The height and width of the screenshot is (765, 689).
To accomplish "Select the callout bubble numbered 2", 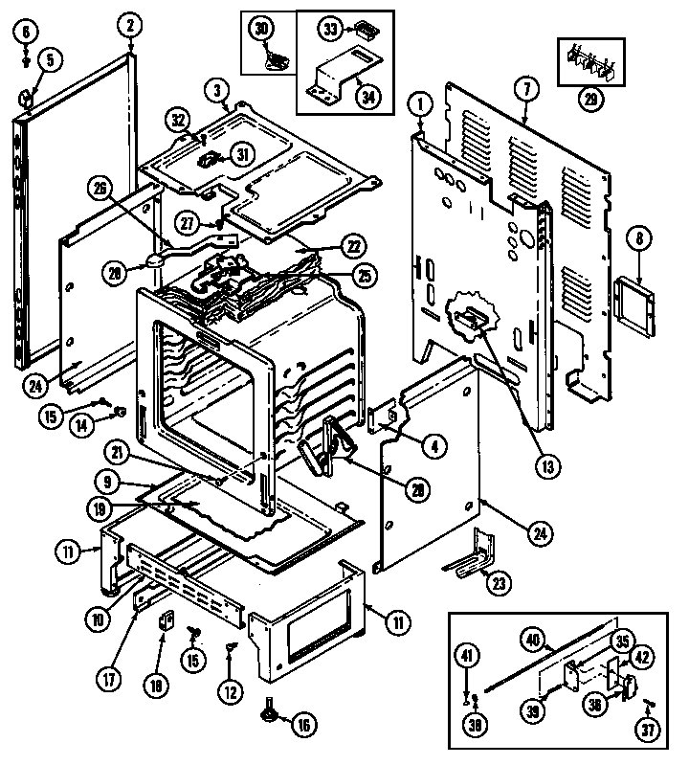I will (x=132, y=26).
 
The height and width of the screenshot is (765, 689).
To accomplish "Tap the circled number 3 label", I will (x=218, y=92).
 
